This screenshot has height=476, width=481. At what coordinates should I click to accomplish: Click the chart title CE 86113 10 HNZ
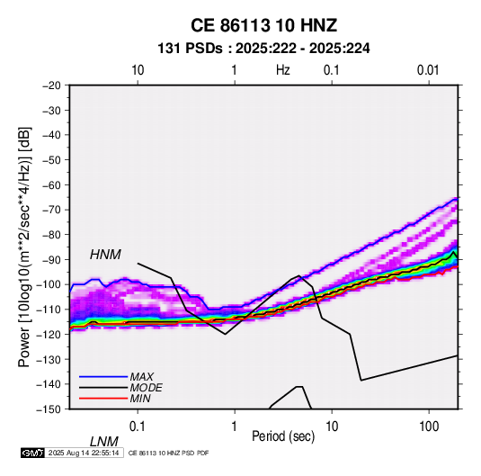[263, 25]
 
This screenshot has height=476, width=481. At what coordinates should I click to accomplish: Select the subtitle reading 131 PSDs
[191, 49]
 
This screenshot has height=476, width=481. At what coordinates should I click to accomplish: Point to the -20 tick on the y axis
[51, 85]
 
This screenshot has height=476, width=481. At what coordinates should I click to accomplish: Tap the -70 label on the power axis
[51, 210]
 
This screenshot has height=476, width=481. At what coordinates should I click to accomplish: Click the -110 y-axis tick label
[49, 310]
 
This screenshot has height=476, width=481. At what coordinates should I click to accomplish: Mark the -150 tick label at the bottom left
[49, 409]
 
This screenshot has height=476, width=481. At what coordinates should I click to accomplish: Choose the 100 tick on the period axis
[429, 427]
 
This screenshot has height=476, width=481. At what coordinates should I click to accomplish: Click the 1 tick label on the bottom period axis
[235, 427]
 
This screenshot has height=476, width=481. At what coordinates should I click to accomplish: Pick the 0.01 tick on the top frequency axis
[428, 70]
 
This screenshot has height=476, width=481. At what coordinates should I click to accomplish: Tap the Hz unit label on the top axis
[283, 70]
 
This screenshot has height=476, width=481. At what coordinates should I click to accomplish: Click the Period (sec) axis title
[283, 436]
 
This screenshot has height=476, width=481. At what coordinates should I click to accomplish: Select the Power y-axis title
[24, 247]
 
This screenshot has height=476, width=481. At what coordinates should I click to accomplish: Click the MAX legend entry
[141, 376]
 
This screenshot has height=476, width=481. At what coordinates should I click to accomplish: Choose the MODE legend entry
[146, 388]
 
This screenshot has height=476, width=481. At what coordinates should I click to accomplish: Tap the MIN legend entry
[140, 399]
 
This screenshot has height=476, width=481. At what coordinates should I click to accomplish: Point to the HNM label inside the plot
[105, 255]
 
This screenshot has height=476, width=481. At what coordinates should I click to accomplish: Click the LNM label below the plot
[104, 442]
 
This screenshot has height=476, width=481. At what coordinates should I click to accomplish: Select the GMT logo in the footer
[32, 453]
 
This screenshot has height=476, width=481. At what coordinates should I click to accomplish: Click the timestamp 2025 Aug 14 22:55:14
[84, 453]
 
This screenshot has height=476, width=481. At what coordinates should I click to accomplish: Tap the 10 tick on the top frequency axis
[138, 70]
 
